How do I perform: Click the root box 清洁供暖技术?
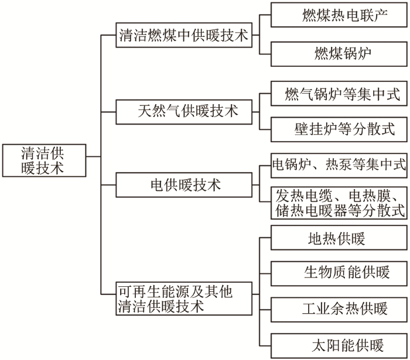tap(44, 160)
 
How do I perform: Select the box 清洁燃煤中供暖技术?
tap(184, 35)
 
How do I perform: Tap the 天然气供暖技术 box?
tap(184, 112)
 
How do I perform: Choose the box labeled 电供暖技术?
tap(184, 185)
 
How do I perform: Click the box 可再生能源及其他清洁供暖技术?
tap(184, 299)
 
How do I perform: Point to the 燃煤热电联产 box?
tap(339, 15)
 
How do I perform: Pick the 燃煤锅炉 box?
tap(339, 54)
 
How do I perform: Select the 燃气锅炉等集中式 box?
tap(339, 94)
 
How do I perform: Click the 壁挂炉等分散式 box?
tap(339, 129)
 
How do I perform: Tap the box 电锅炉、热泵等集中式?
tap(339, 166)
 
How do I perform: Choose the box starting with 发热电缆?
tap(339, 203)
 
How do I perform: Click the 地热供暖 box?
tap(339, 238)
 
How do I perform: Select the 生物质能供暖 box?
tap(339, 273)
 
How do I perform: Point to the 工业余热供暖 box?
tap(339, 310)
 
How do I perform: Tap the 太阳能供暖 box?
tap(339, 345)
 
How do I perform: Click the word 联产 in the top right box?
tap(374, 15)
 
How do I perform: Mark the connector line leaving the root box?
tap(93, 157)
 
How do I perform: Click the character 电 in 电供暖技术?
tap(158, 185)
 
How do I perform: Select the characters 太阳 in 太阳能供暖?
tap(326, 345)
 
